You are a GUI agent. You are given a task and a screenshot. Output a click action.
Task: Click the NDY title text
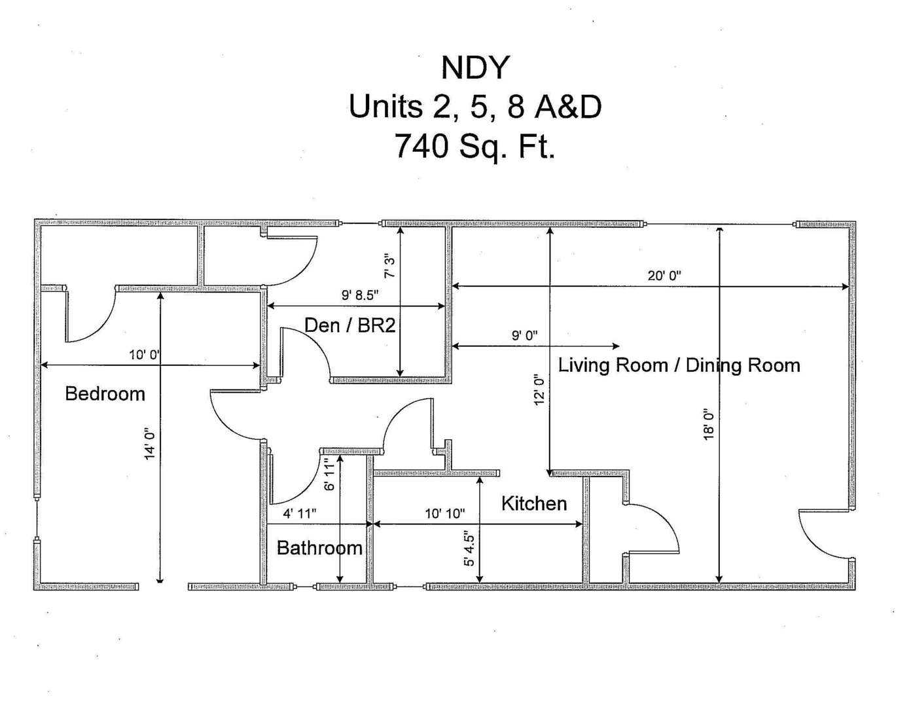point(474,67)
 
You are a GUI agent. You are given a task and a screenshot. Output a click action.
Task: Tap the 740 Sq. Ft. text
point(474,146)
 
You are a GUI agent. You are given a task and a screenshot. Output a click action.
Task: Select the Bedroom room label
point(105,394)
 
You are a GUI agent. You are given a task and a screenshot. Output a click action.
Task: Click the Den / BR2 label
point(350,325)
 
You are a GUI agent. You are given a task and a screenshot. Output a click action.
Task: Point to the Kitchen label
point(534,503)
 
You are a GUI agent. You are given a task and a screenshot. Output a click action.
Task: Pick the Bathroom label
point(319,548)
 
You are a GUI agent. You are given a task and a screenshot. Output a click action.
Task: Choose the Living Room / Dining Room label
point(679,365)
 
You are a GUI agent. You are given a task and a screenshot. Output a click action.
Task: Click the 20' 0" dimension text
point(664,276)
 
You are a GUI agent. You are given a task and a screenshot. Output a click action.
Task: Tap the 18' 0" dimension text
point(709,424)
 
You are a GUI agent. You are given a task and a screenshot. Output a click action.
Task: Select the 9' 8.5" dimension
point(360,295)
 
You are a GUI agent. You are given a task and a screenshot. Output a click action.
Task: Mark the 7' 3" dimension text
point(389,266)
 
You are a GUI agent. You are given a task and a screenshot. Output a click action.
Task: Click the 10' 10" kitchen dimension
point(445,514)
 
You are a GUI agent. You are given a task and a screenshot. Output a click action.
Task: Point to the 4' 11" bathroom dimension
point(300,514)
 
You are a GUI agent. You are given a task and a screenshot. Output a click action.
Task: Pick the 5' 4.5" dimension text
point(469,549)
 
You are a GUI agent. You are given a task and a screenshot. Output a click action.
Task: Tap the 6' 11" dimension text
point(329,473)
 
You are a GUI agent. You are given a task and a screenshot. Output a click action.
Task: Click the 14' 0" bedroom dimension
point(151,444)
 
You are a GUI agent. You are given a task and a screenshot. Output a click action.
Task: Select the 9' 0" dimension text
point(524,336)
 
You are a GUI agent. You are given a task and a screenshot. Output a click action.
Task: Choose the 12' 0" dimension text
point(539,390)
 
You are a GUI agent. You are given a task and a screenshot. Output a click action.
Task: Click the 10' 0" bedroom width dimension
point(144,355)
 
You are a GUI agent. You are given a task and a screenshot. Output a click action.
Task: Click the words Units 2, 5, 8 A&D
point(474,107)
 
